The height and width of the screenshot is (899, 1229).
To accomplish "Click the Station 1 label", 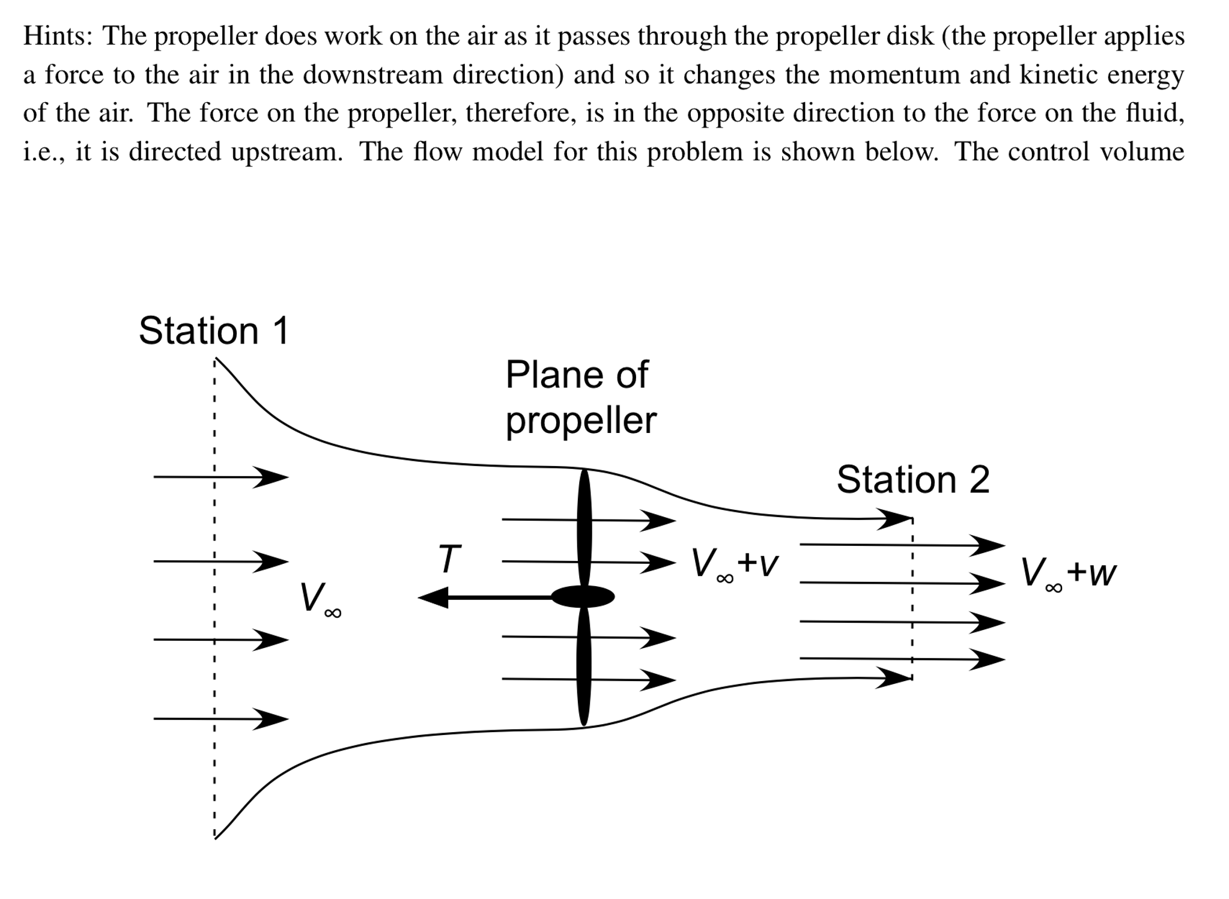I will (214, 331).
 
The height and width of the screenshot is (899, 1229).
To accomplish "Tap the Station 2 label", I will (912, 480).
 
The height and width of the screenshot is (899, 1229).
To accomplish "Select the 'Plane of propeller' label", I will (580, 398).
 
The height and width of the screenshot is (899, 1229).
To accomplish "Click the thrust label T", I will (449, 558).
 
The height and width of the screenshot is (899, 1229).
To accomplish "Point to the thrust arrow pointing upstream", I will (481, 598).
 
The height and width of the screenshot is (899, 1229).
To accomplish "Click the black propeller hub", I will (583, 597).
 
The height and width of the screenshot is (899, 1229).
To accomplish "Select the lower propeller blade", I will (583, 667).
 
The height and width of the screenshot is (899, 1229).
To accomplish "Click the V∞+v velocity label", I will (734, 565).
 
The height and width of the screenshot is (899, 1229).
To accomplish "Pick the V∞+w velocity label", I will (1067, 574).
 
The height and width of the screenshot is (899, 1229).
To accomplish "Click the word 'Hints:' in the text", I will (58, 36).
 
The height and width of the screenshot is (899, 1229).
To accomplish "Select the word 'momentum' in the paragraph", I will (894, 75).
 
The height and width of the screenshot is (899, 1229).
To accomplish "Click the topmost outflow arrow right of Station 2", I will (901, 545).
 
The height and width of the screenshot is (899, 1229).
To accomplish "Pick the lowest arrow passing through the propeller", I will (589, 680).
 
